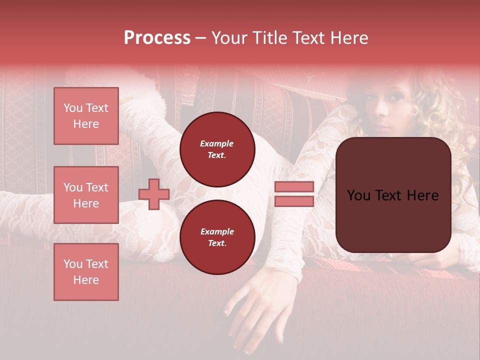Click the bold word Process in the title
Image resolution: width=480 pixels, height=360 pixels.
[x=157, y=38]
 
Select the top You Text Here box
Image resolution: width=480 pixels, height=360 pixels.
[x=86, y=116]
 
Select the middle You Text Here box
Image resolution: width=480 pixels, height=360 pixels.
[x=86, y=195]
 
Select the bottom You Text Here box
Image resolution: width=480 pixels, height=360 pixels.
[x=86, y=272]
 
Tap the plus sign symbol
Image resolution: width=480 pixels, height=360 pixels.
[x=154, y=194]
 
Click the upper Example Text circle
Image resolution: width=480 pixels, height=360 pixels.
[x=217, y=149]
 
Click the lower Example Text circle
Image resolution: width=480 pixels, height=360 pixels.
[x=217, y=237]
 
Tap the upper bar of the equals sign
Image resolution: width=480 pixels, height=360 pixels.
[x=294, y=187]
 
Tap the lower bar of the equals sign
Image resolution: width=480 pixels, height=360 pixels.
[x=294, y=201]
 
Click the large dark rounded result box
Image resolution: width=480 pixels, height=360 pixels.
[x=393, y=195]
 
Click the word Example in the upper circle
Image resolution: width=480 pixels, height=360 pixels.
[x=217, y=143]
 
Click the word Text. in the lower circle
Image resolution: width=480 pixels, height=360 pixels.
[x=217, y=243]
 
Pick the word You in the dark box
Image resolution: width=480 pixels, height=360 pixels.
[x=358, y=195]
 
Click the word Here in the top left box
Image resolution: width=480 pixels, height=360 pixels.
[x=86, y=124]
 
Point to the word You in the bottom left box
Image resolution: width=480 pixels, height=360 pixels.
[x=73, y=264]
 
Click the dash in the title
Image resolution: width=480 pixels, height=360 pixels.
[x=201, y=38]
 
